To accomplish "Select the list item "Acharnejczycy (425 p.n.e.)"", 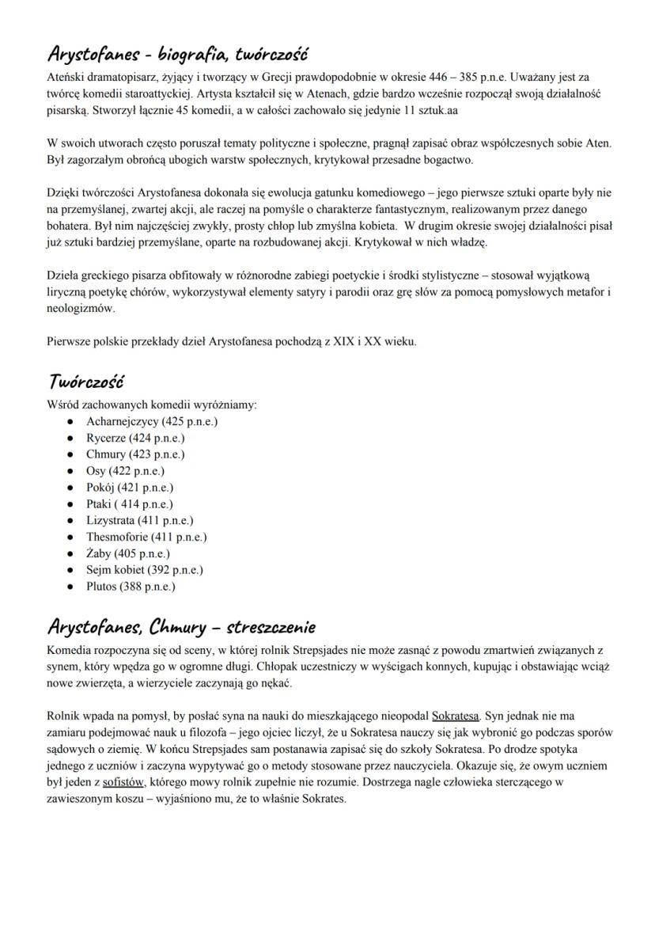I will point(151,421).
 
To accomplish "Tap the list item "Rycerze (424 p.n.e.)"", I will point(135,438).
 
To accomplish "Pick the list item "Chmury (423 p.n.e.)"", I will point(135,454).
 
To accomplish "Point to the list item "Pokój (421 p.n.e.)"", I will point(130,488).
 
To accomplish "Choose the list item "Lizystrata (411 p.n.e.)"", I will point(139,520).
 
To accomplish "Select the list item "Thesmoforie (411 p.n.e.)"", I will point(146,537).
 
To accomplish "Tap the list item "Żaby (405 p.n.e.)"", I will point(128,553).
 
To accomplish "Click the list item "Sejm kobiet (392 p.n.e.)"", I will point(144,569).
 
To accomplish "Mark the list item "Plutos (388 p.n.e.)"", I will point(131,587).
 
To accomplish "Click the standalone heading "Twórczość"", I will point(85,382).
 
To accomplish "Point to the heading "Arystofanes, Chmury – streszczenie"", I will point(181,628).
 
